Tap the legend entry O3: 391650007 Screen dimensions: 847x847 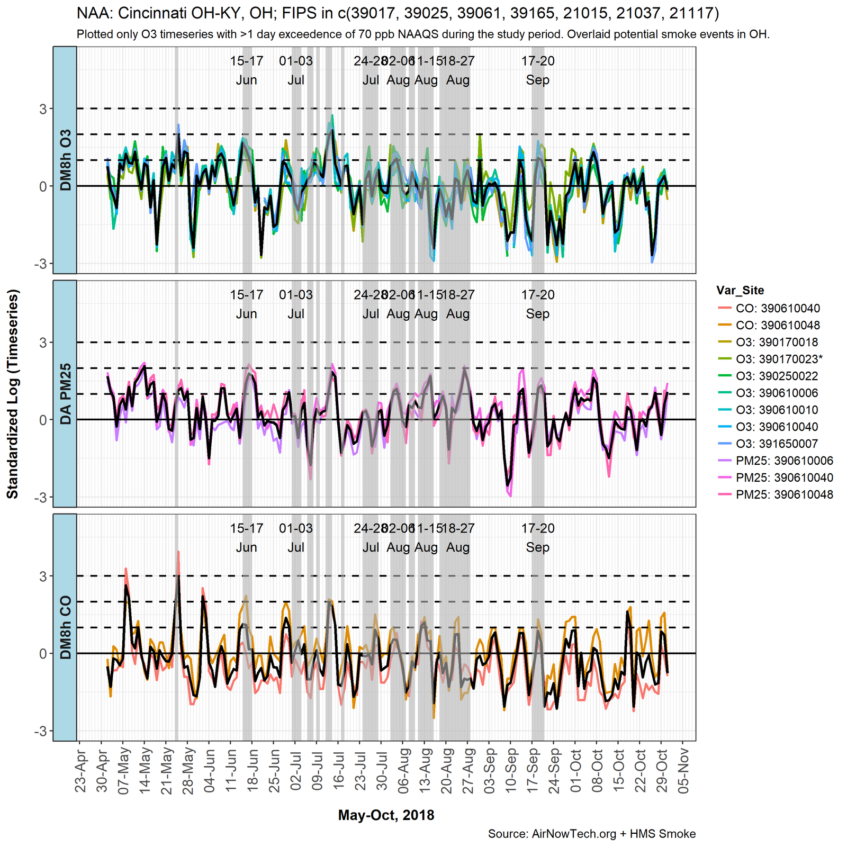tap(777, 444)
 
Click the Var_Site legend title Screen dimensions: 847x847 tap(740, 290)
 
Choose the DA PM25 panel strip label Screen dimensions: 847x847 tap(65, 394)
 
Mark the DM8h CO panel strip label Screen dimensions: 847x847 tap(65, 627)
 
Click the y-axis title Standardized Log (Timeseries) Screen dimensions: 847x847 tap(13, 394)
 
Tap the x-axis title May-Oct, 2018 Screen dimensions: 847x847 tap(386, 815)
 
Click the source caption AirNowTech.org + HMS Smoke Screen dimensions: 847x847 tap(592, 834)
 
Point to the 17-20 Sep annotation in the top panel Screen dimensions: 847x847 tap(537, 70)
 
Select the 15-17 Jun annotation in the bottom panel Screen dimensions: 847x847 tap(246, 538)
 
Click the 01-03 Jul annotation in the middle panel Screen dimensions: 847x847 tap(296, 304)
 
